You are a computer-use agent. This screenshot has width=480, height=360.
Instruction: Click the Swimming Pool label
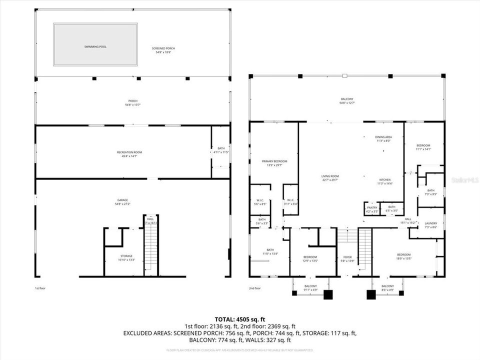(x=95, y=46)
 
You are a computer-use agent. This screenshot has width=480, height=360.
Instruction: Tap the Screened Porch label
(x=163, y=48)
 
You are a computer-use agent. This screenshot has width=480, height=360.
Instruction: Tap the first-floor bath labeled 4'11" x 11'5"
(x=220, y=150)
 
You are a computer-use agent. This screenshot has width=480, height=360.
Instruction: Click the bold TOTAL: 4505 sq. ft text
(x=239, y=318)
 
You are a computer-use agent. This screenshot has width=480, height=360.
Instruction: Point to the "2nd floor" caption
(x=255, y=288)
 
